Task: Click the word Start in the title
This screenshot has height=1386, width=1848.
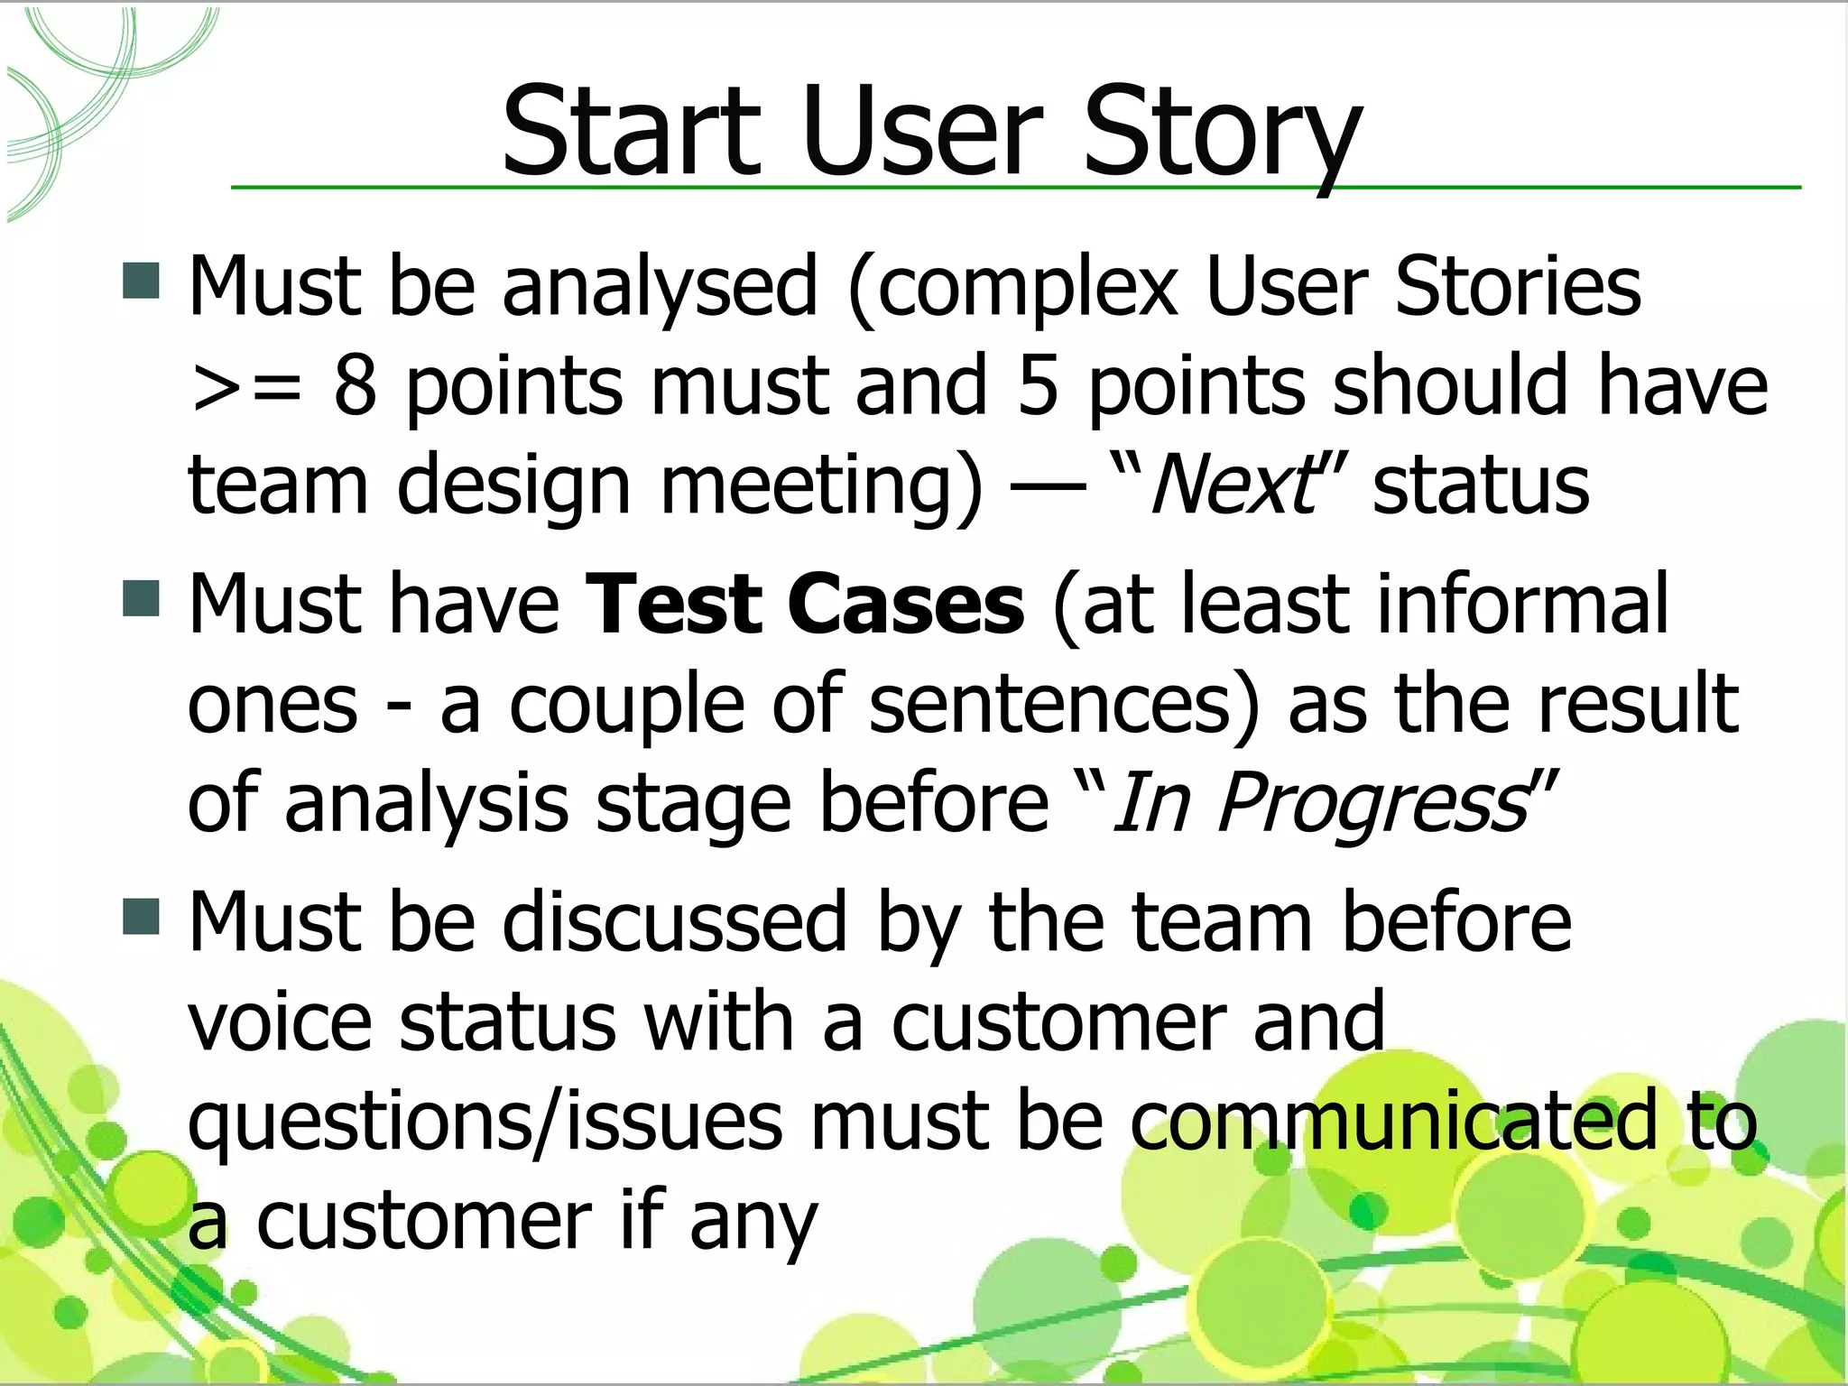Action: pos(632,133)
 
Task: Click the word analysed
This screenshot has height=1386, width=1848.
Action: pos(659,289)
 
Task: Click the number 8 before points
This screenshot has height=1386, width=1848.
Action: pos(355,386)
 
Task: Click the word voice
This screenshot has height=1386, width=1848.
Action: pos(280,1023)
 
